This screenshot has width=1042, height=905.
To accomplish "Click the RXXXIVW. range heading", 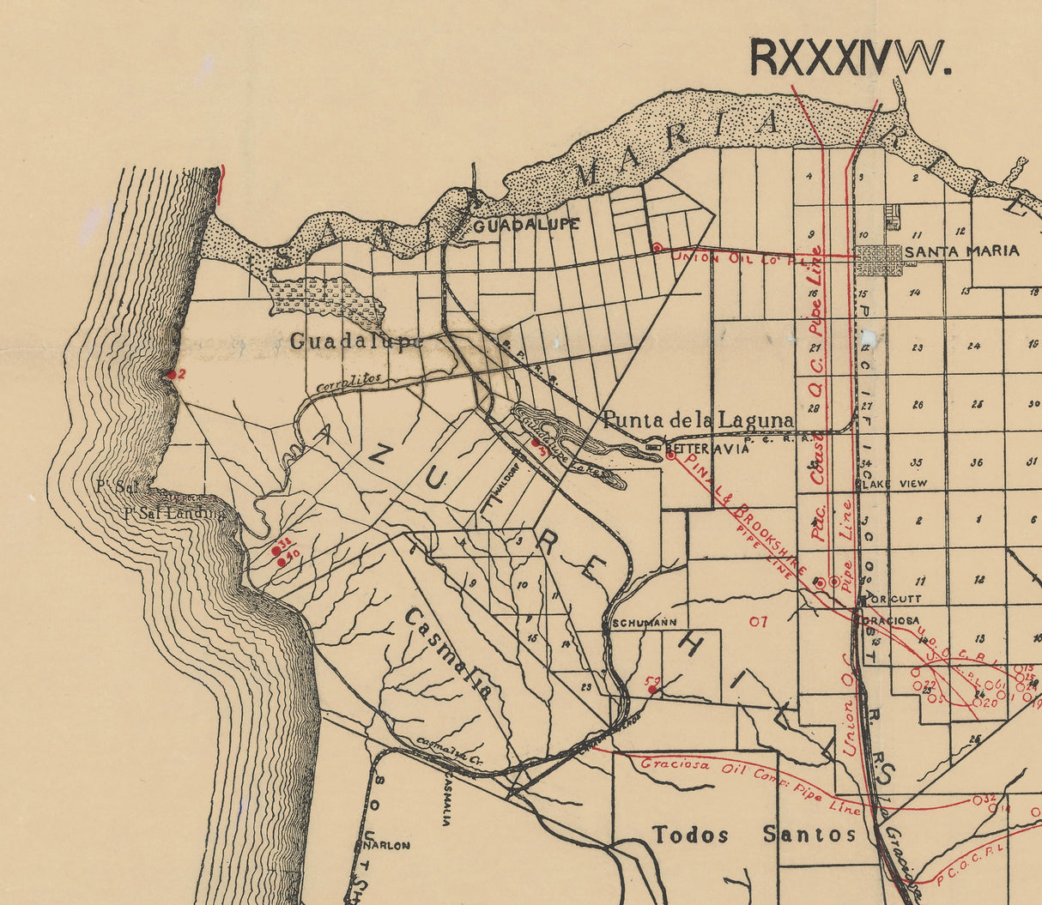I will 850,57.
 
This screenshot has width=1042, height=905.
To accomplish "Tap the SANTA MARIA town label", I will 962,251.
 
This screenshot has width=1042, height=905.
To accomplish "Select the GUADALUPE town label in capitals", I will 526,226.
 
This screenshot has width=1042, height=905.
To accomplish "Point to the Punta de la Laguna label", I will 697,419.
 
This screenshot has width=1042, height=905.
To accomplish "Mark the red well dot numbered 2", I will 171,374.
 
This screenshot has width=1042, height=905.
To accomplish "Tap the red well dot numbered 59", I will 653,689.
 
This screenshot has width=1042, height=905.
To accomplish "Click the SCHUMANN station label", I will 645,623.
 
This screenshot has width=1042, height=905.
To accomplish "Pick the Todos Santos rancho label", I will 754,835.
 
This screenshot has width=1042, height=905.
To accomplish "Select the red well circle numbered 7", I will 758,621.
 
